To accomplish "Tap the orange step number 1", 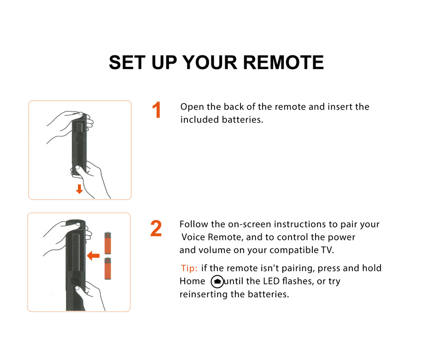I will point(157,111).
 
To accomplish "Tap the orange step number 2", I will point(156,229).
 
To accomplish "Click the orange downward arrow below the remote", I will point(79,189).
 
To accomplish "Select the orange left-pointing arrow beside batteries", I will point(94,255).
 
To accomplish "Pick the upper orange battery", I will point(108,243).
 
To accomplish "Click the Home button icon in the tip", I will point(217,282).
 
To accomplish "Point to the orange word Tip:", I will point(189,268).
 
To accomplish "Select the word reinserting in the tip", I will point(204,295).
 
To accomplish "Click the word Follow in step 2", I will point(193,224).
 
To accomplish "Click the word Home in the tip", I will point(192,281).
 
